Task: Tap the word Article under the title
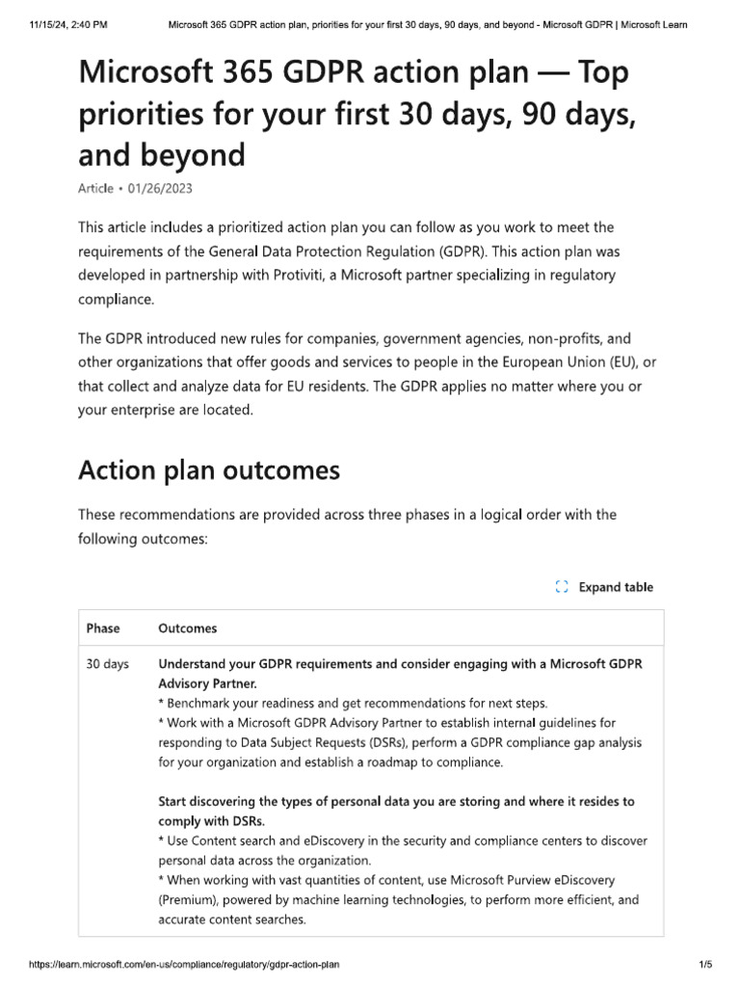94,189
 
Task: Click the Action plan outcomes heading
208,470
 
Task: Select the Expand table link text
615,587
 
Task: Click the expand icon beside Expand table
562,587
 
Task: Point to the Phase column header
103,628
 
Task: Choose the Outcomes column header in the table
187,628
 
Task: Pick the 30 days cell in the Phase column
107,664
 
